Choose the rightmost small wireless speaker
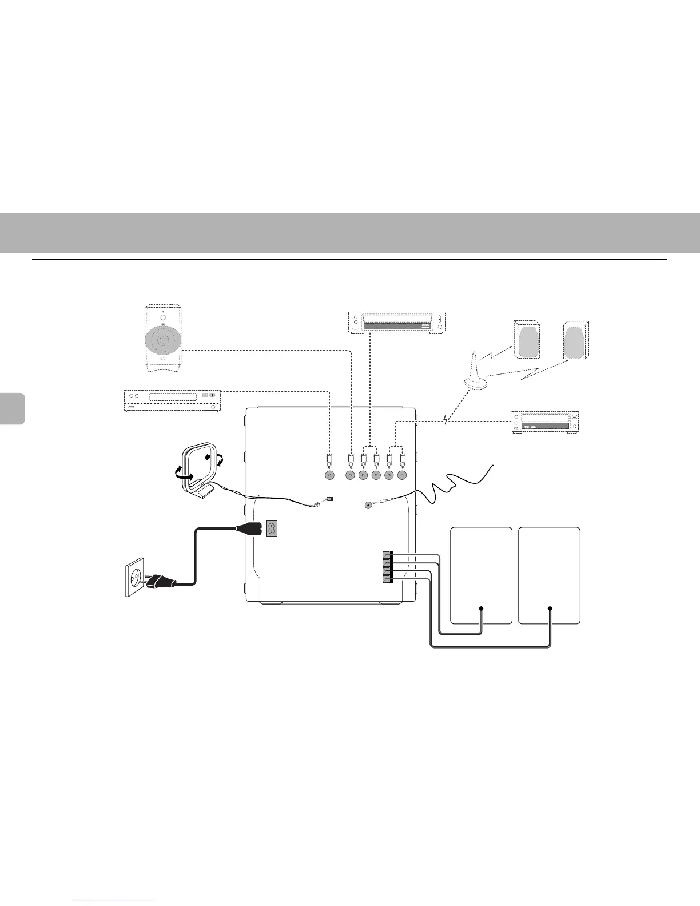pos(575,340)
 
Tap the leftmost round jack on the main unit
pos(329,475)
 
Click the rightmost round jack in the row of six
pos(403,475)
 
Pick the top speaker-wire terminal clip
pos(387,554)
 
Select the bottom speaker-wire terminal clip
pos(387,579)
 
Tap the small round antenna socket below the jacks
pos(368,505)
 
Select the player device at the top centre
pos(396,322)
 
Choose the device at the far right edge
pos(544,422)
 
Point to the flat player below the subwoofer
pos(173,400)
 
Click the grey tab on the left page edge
pos(12,408)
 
